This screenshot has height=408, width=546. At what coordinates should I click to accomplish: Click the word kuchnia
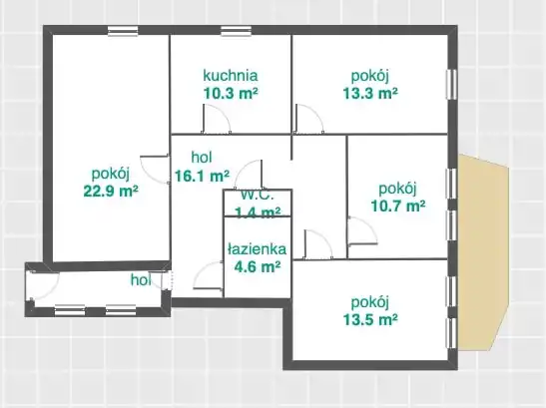click(231, 75)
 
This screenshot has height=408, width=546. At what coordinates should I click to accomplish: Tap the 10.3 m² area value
click(231, 94)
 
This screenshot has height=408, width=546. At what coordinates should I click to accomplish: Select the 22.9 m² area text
click(111, 191)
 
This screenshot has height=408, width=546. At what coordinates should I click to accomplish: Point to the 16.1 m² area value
click(202, 176)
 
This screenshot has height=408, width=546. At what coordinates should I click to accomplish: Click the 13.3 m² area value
click(370, 94)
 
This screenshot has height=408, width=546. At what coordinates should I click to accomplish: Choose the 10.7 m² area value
click(398, 205)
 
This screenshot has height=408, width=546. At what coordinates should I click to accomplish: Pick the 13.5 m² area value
click(370, 319)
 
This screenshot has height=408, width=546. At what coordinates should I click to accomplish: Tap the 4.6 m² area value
click(258, 267)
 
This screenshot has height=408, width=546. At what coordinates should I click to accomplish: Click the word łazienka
click(257, 249)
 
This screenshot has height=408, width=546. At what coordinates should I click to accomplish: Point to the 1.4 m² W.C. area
click(258, 211)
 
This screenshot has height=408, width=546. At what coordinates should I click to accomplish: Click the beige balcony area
click(483, 252)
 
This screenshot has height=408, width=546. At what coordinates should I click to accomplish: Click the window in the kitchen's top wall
click(237, 31)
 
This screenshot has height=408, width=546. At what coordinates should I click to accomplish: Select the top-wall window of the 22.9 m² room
click(123, 31)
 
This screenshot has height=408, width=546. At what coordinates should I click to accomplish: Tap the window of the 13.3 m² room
click(451, 85)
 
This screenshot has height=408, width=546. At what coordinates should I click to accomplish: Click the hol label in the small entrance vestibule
click(141, 280)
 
